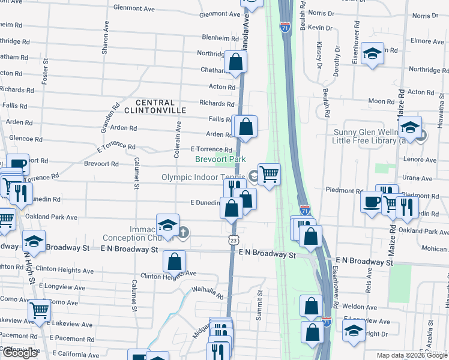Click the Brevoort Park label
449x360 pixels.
[x=220, y=160]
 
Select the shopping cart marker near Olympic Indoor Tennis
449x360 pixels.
[x=270, y=175]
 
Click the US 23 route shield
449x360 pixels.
[x=233, y=239]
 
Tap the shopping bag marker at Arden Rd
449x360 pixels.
[x=246, y=127]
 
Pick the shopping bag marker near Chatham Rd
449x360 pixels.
[x=236, y=61]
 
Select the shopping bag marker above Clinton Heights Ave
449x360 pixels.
[x=174, y=262]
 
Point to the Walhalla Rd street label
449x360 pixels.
[x=208, y=292]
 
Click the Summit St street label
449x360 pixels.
[x=260, y=305]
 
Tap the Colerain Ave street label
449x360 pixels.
[x=178, y=140]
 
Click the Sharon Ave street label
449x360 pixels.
[x=106, y=40]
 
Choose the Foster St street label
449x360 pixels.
[x=45, y=71]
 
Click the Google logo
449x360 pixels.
[x=20, y=353]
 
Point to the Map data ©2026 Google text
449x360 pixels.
[x=411, y=355]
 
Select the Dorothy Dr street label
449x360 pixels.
[x=336, y=62]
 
